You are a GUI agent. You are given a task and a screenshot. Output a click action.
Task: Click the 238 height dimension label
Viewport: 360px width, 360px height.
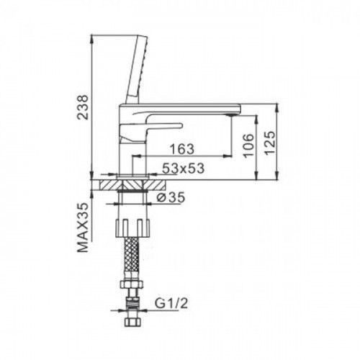pos(83,107)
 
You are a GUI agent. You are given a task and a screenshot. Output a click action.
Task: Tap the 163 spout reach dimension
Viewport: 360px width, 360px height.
pos(182,149)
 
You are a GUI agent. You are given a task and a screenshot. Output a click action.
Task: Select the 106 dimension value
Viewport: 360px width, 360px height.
pos(248,145)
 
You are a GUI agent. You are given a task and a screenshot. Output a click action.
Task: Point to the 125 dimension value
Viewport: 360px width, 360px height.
pos(269,143)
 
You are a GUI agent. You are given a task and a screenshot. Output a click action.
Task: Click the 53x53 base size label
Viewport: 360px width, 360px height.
pos(183,168)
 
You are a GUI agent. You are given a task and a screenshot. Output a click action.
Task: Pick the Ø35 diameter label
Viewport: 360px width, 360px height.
pos(171,197)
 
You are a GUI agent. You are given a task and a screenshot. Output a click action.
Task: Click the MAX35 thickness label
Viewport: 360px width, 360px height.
pos(83,228)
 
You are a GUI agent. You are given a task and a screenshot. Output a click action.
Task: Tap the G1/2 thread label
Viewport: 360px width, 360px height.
pos(171,304)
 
